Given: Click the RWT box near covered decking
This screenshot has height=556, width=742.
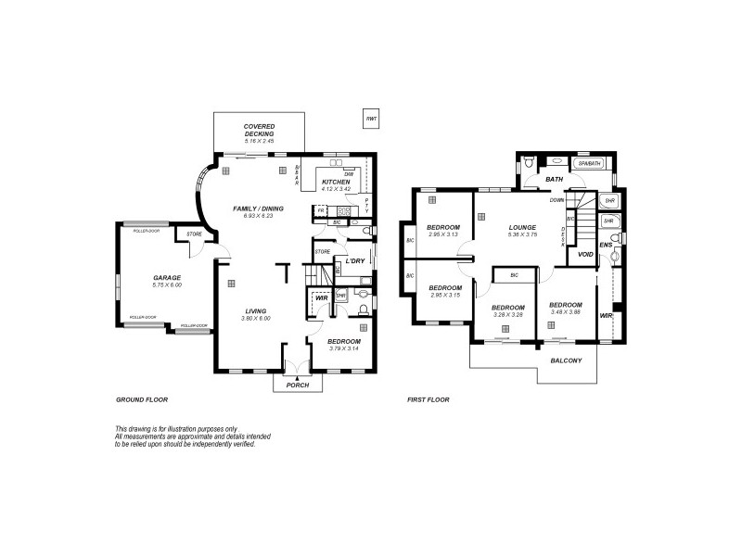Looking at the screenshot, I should (371, 120).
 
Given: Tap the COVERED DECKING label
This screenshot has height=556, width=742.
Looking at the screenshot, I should (260, 131).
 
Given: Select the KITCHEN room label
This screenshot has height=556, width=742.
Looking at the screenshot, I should (336, 182).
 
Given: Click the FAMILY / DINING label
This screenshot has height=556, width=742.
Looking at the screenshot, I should (258, 208).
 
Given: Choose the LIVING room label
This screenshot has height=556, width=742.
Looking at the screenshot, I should (255, 310).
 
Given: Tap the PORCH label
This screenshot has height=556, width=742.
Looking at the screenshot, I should (297, 385).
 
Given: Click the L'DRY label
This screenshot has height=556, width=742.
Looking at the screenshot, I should (354, 261).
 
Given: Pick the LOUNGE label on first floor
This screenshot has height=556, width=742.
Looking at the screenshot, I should (523, 227).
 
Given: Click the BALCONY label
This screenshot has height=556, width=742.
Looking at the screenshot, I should (566, 360).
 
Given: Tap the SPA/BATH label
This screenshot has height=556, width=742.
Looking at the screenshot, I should (590, 164).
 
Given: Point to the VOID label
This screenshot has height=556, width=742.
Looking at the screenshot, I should (585, 254).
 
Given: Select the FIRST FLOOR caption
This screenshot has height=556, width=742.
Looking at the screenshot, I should (429, 399).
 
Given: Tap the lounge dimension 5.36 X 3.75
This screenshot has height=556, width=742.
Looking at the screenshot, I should (523, 234).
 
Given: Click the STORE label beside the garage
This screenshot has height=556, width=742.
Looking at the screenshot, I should (195, 234).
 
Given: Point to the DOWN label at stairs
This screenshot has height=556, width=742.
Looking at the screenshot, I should (557, 199).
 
